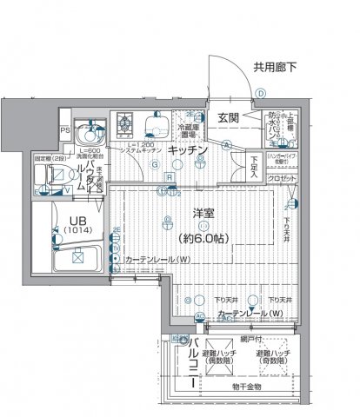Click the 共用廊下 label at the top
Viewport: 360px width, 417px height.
275,65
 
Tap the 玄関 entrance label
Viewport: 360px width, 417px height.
228,118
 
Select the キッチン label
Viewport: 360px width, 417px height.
187,149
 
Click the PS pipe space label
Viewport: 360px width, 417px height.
64,130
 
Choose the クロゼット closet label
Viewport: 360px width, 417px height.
282,178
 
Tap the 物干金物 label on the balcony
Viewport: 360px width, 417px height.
246,386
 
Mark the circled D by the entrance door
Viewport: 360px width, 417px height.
259,95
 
